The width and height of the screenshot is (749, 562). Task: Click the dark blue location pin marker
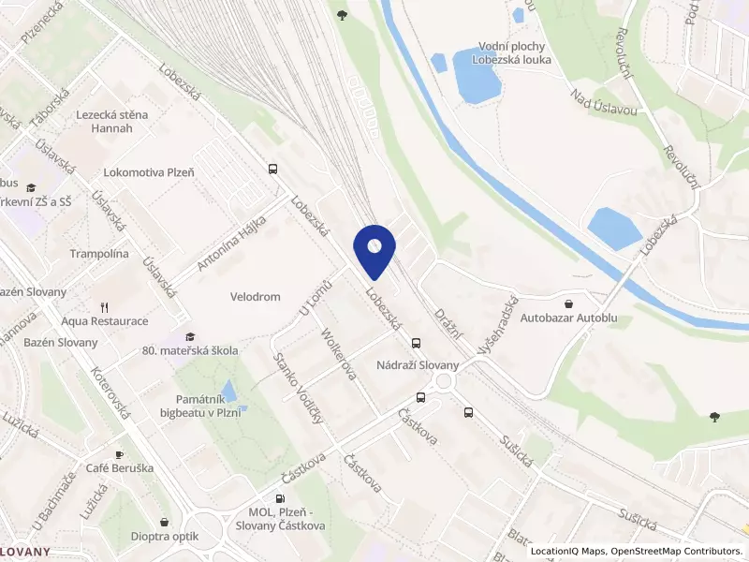pos(374,250)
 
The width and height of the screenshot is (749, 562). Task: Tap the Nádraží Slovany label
pos(419,365)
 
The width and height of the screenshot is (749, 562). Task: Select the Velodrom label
pos(256,297)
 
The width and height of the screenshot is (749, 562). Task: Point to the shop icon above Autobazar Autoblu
pos(569,303)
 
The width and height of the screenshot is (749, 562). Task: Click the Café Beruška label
pos(118,468)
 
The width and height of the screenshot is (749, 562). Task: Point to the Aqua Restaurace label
pos(104,321)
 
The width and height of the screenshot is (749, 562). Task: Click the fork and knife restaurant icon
pos(105,306)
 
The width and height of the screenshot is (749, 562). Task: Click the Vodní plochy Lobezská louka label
pos(514,52)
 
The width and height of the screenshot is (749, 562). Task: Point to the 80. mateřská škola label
pos(190,350)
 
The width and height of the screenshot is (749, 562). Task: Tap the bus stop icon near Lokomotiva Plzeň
pos(273,170)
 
